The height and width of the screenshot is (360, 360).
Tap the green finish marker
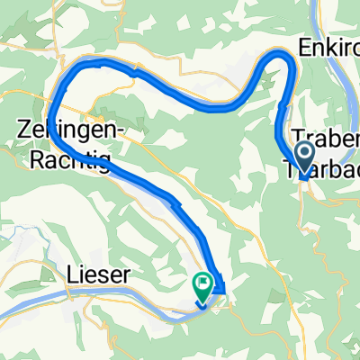pos(202,287)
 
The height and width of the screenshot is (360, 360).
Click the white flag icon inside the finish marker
pos(202,284)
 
